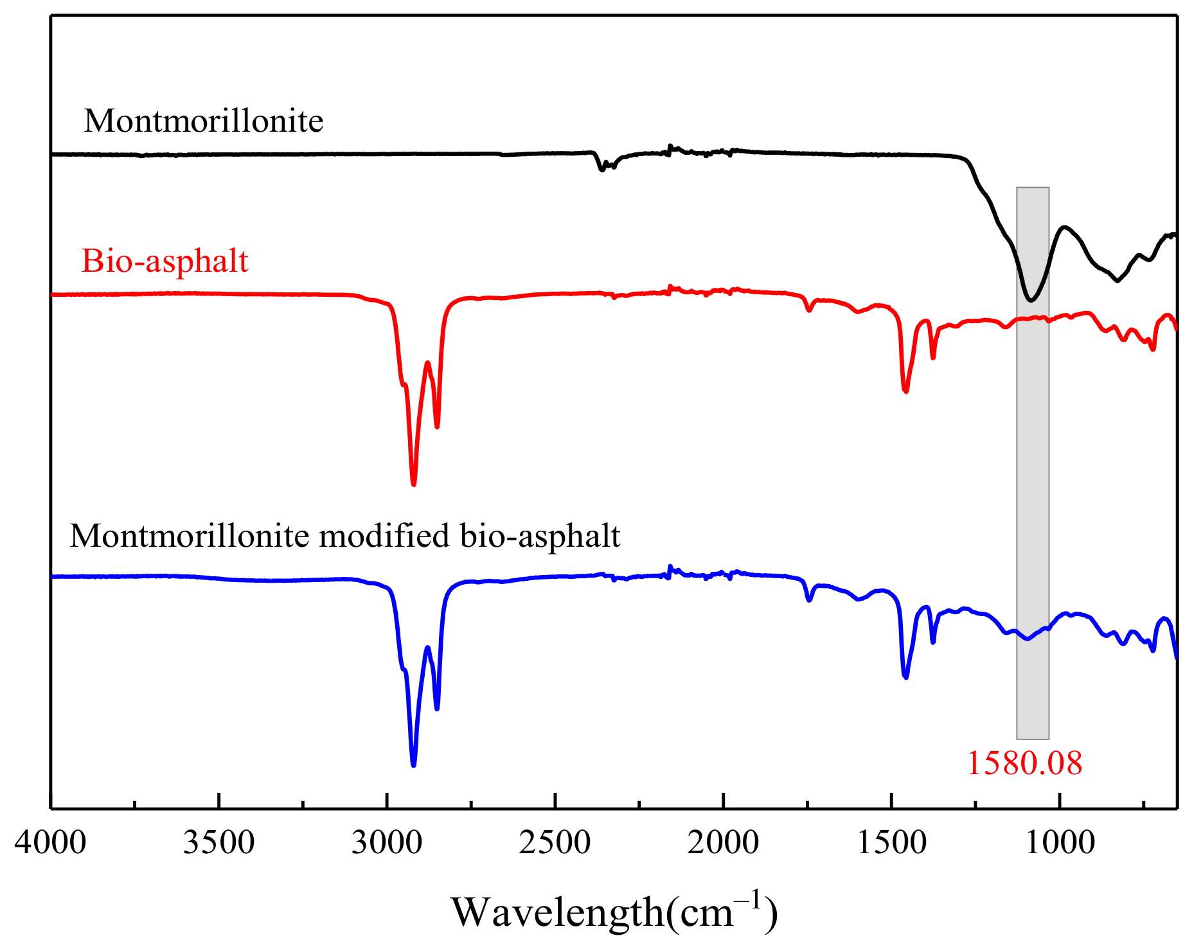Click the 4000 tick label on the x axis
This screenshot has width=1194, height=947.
click(50, 842)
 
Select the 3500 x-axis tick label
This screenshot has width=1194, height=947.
click(218, 842)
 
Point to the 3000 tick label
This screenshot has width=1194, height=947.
click(387, 842)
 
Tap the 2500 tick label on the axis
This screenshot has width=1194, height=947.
click(555, 842)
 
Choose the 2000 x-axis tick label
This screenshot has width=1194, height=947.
click(724, 842)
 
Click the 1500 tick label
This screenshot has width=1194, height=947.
click(892, 842)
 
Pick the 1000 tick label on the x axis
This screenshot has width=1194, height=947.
click(1060, 842)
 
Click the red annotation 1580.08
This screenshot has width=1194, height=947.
click(1024, 763)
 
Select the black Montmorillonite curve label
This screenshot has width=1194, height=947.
click(203, 121)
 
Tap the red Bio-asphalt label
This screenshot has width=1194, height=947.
click(165, 261)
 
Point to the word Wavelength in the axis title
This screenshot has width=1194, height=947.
click(557, 912)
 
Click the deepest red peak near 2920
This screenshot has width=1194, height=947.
click(414, 483)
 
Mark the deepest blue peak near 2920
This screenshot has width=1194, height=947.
click(413, 764)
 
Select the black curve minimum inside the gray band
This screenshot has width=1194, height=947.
click(1031, 299)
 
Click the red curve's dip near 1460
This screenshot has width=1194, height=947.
click(905, 390)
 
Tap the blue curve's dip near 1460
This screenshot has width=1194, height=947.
click(905, 677)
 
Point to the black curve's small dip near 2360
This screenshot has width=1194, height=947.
click(601, 169)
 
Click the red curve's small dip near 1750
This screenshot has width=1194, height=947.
click(809, 310)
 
